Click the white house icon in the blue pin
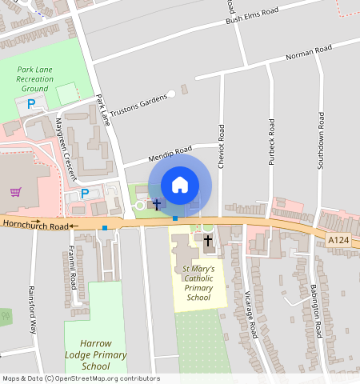[x=180, y=185]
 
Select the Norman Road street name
[x=309, y=54]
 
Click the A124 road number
[x=338, y=238]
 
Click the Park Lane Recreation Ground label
[x=36, y=79]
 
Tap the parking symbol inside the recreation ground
[x=31, y=104]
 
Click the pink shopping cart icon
[x=15, y=191]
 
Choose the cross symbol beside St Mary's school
[x=208, y=240]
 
